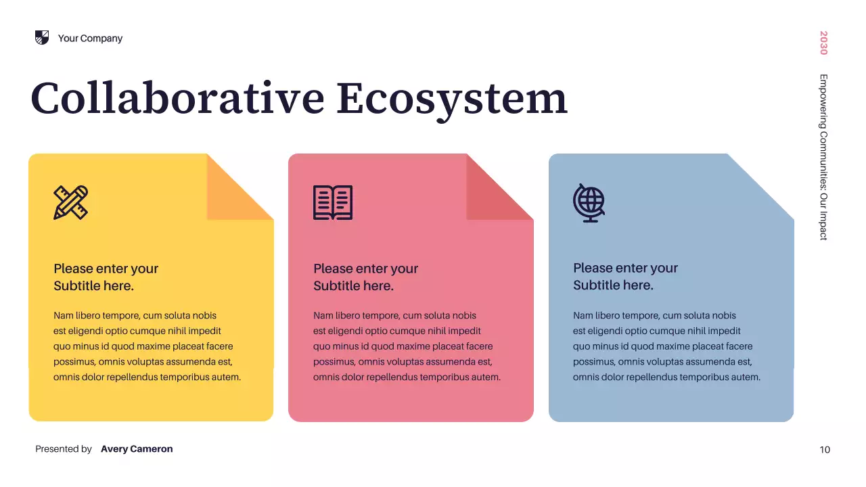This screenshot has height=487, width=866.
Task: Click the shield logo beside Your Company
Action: pos(42,38)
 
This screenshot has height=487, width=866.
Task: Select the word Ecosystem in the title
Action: pos(451,98)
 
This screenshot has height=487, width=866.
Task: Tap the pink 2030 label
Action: pos(823,43)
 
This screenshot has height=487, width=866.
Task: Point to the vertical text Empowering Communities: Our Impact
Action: pos(823,157)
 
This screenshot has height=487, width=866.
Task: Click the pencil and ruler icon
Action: pos(71,202)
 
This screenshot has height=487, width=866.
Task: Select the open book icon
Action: pos(333,202)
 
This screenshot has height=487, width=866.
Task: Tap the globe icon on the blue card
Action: pos(589,202)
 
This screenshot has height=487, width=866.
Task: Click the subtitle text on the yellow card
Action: pos(106,277)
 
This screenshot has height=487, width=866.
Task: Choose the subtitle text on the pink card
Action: pos(366,277)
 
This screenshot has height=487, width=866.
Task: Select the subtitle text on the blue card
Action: pos(626,276)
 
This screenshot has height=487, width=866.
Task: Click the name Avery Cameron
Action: pos(137,449)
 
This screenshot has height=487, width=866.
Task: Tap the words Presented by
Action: pos(64,449)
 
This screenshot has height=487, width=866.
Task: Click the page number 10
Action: pos(825,450)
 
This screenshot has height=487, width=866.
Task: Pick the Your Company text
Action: pos(90,39)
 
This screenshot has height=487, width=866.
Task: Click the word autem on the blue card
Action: pos(746,377)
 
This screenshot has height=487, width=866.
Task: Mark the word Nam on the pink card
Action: pos(322,316)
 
